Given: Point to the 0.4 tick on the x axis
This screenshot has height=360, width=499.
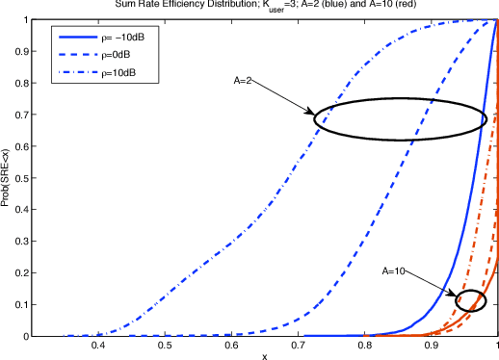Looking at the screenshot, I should click(97, 345).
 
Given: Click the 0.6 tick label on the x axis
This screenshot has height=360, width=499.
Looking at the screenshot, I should click(231, 345).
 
